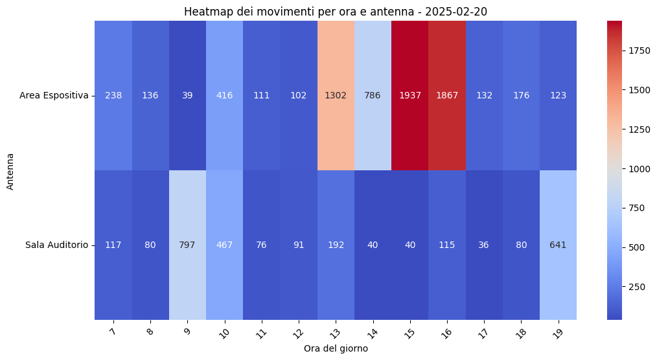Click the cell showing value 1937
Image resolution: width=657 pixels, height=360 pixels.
point(409,95)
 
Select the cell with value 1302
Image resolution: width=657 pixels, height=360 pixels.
point(336,95)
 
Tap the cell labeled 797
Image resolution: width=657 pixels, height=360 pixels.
point(187,245)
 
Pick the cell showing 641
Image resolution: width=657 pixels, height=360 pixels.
point(558,245)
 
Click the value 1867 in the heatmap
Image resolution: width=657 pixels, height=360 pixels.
point(447,95)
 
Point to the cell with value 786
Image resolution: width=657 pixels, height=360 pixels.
point(373,95)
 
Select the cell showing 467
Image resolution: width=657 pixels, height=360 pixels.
point(224,245)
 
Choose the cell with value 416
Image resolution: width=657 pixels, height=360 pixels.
point(224,95)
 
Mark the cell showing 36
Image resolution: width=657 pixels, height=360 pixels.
point(484,245)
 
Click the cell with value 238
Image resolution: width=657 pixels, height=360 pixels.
point(113,95)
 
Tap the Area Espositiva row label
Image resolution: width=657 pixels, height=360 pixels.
point(54,95)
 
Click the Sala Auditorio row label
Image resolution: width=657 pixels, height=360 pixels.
point(56,245)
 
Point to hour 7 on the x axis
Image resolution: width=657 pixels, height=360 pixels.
point(113,332)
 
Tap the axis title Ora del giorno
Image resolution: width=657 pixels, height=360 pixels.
point(336,348)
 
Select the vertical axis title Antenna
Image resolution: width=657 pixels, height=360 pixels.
point(10,170)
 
